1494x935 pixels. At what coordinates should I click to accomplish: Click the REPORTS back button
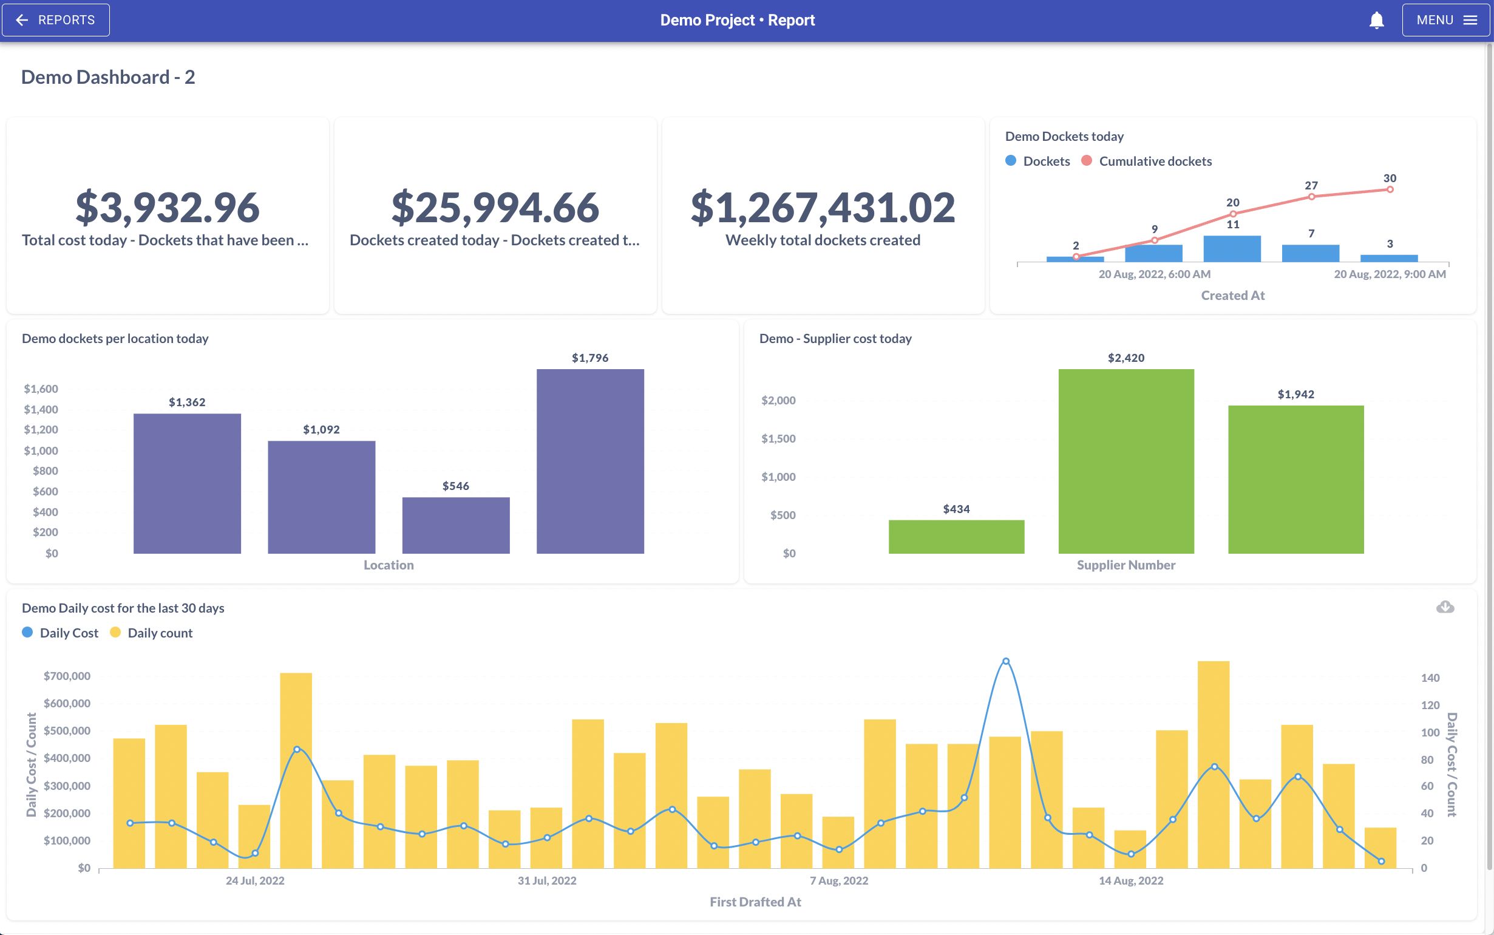pyautogui.click(x=56, y=20)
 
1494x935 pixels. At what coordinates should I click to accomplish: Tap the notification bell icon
pyautogui.click(x=1377, y=21)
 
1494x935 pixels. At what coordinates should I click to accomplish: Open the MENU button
pyautogui.click(x=1446, y=20)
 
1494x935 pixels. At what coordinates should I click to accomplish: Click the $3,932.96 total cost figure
pyautogui.click(x=168, y=207)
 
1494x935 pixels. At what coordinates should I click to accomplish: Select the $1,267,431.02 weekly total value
pyautogui.click(x=823, y=207)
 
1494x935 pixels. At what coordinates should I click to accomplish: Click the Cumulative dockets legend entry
pyautogui.click(x=1147, y=161)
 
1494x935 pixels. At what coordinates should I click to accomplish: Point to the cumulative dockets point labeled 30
pyautogui.click(x=1390, y=189)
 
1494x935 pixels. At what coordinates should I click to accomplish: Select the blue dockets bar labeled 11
pyautogui.click(x=1232, y=248)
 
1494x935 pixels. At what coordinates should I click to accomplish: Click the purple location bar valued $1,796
pyautogui.click(x=590, y=461)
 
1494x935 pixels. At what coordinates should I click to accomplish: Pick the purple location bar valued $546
pyautogui.click(x=456, y=526)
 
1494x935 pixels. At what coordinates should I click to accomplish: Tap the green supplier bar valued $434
pyautogui.click(x=956, y=537)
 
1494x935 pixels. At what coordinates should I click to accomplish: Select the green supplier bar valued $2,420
pyautogui.click(x=1126, y=461)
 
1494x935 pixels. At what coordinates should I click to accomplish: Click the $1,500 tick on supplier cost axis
pyautogui.click(x=778, y=438)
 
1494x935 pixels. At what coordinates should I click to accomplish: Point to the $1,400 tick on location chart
pyautogui.click(x=41, y=409)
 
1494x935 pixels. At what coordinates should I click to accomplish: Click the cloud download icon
pyautogui.click(x=1445, y=607)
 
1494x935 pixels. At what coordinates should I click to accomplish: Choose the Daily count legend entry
pyautogui.click(x=151, y=633)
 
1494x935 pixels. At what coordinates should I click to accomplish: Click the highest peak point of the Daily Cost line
pyautogui.click(x=1006, y=661)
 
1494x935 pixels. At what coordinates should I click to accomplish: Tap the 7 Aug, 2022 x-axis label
pyautogui.click(x=839, y=880)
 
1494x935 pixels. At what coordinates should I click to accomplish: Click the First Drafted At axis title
pyautogui.click(x=755, y=902)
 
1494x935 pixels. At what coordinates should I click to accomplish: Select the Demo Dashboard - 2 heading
pyautogui.click(x=108, y=76)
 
